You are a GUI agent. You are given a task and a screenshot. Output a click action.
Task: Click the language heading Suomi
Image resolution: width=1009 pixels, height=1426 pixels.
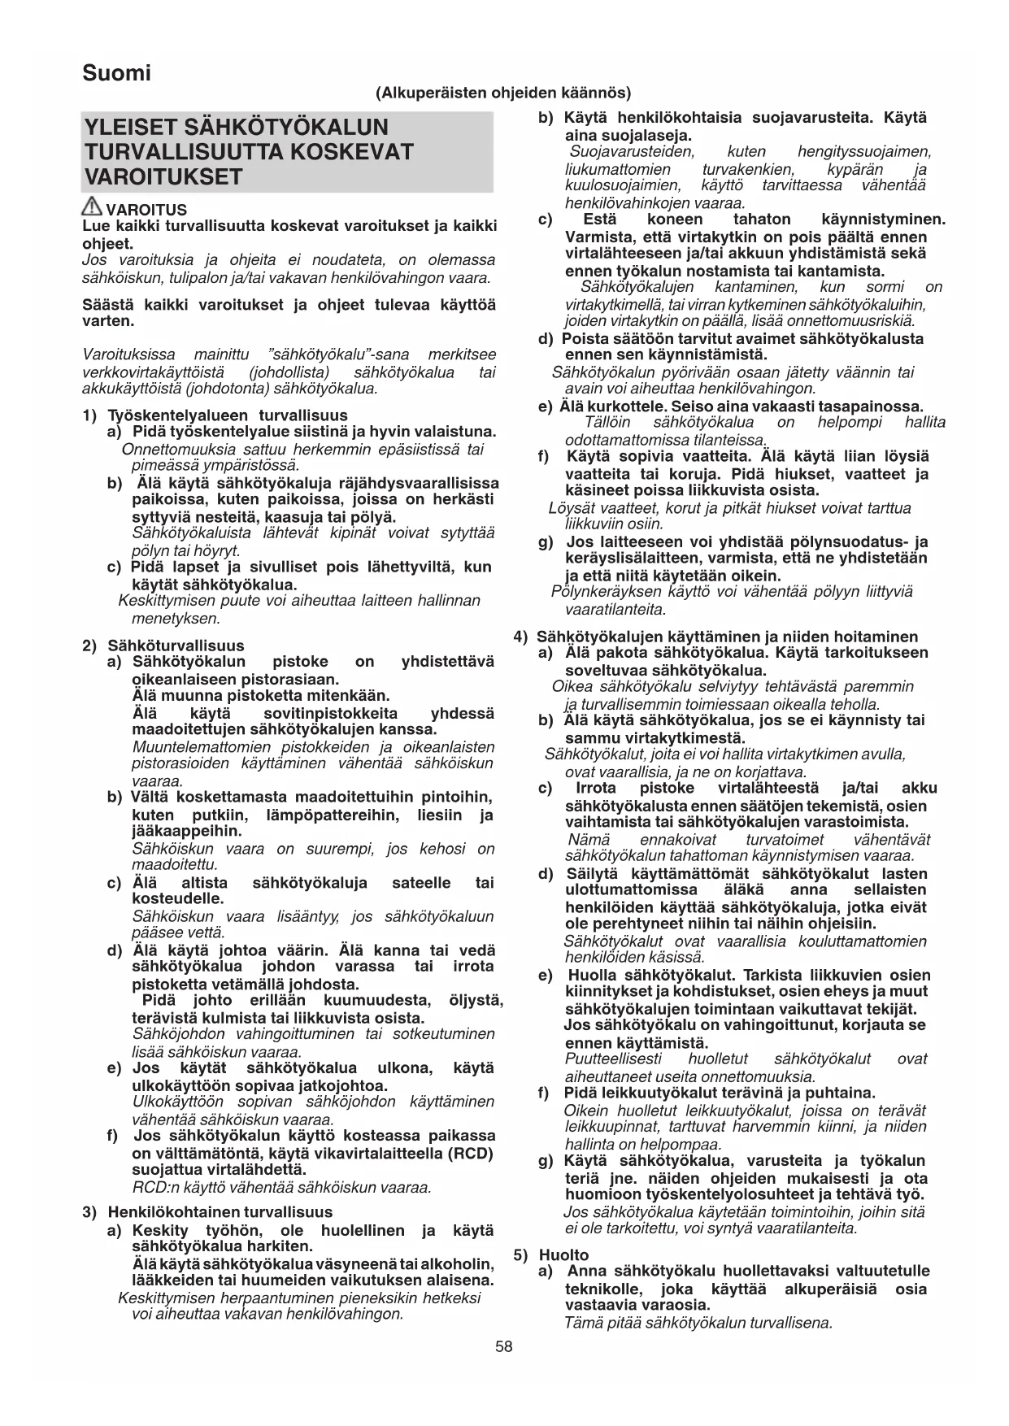(x=116, y=74)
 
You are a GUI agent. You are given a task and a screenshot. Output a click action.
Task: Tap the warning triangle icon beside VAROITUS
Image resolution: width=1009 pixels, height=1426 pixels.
(x=92, y=207)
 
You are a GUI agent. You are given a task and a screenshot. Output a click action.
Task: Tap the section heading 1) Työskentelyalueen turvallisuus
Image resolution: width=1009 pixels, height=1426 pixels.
(x=215, y=415)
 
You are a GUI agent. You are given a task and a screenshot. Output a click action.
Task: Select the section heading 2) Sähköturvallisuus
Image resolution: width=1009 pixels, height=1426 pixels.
(x=163, y=646)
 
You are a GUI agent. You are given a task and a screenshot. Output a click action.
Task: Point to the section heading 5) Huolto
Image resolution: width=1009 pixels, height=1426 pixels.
(x=552, y=1254)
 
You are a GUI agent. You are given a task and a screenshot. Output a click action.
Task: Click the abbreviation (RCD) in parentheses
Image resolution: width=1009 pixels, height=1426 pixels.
(x=466, y=1153)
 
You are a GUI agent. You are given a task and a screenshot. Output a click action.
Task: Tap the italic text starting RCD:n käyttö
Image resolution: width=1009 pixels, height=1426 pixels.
(x=281, y=1188)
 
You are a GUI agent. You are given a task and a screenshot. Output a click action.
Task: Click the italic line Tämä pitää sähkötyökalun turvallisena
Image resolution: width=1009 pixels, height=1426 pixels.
(x=699, y=1323)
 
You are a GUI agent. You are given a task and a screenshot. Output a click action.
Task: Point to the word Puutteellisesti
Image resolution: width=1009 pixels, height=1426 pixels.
(x=613, y=1059)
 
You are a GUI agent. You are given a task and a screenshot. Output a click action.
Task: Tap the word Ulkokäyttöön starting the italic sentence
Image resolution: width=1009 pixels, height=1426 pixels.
(x=178, y=1102)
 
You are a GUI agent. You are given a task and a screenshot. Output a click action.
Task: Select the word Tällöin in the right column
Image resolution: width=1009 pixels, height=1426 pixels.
(x=607, y=422)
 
